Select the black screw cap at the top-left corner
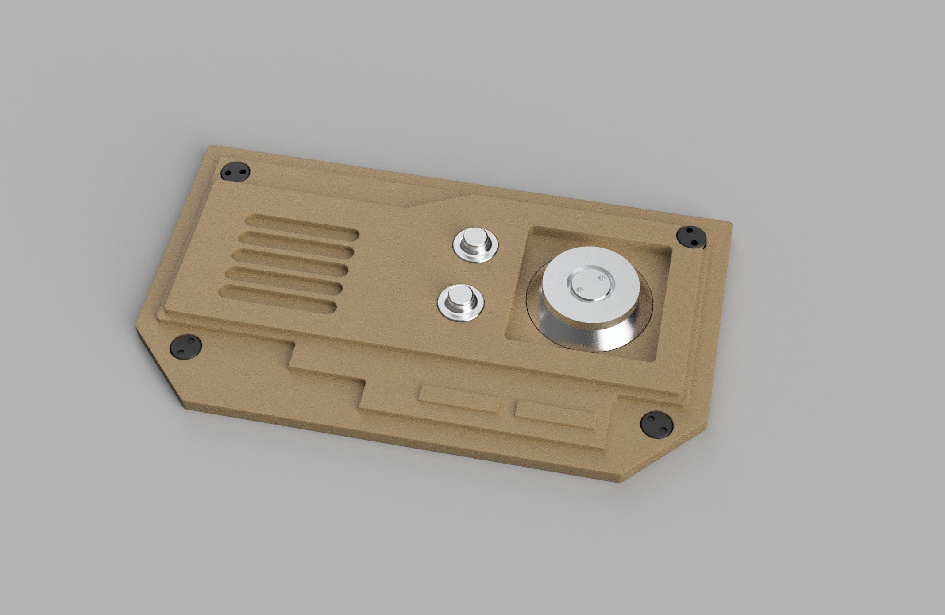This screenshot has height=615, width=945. coord(235,172)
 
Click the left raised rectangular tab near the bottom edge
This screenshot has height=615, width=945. coord(460,399)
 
